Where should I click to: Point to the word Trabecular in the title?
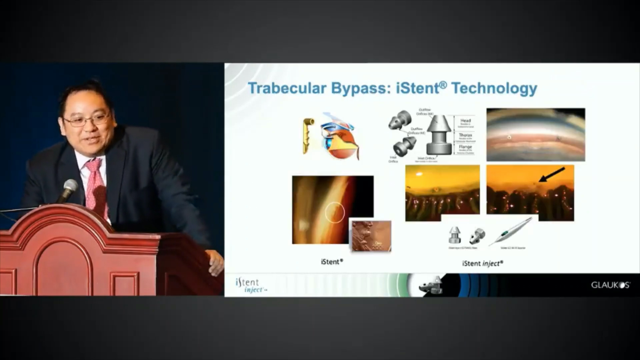(287, 88)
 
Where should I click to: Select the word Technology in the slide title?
(494, 88)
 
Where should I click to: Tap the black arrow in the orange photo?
(552, 175)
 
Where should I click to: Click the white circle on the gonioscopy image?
(335, 212)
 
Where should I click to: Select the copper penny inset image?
(372, 235)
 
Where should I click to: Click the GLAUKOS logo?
(610, 285)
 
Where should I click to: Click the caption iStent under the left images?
(332, 262)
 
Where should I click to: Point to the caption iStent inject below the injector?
(482, 263)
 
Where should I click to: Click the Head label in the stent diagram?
(465, 121)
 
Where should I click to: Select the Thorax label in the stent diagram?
(465, 135)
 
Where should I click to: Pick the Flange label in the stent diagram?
(465, 147)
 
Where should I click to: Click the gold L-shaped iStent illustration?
(308, 135)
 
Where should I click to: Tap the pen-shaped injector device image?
(510, 231)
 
